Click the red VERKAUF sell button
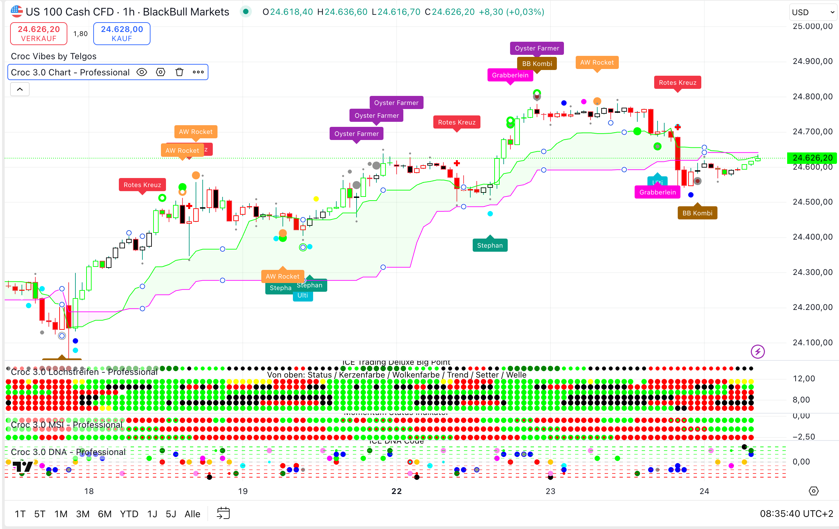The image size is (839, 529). [x=39, y=33]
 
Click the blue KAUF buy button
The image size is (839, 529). [x=122, y=33]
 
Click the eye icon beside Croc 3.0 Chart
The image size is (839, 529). [x=141, y=72]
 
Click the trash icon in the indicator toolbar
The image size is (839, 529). [x=179, y=72]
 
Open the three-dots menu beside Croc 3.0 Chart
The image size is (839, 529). [x=198, y=72]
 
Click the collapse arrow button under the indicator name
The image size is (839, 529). [x=20, y=89]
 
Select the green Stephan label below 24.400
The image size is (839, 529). [x=490, y=245]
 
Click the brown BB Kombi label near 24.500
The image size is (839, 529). [x=697, y=213]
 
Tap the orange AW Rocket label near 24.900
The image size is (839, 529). [x=597, y=62]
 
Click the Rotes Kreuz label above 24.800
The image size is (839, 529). [x=677, y=82]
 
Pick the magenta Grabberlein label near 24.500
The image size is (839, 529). [x=657, y=192]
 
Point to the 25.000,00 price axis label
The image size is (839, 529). [x=812, y=26]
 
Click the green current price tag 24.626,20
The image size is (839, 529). [x=812, y=158]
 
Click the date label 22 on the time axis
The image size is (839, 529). [x=397, y=491]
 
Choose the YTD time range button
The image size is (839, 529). [x=129, y=514]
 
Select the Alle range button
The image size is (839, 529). [x=192, y=514]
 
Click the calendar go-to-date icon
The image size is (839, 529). [x=223, y=513]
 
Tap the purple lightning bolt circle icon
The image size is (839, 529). [x=758, y=351]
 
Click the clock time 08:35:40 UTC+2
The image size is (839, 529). [x=796, y=514]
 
